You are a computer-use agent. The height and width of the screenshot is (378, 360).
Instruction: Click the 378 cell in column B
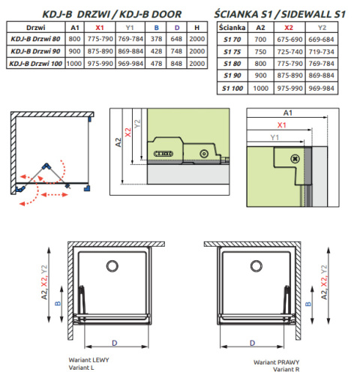pyautogui.click(x=156, y=39)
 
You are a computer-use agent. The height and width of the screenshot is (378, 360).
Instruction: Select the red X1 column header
pyautogui.click(x=100, y=28)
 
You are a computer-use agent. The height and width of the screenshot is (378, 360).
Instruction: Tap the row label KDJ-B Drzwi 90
pyautogui.click(x=35, y=51)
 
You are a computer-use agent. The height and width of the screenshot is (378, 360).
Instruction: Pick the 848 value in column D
pyautogui.click(x=176, y=64)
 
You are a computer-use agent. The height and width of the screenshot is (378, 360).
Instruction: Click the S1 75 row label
pyautogui.click(x=232, y=52)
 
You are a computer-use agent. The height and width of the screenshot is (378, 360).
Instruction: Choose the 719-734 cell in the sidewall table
pyautogui.click(x=321, y=52)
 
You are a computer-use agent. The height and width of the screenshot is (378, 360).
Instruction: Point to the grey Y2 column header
pyautogui.click(x=322, y=28)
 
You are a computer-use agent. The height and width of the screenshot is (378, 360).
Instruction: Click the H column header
pyautogui.click(x=197, y=28)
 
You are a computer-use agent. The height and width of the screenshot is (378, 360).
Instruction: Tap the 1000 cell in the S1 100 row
pyautogui.click(x=260, y=88)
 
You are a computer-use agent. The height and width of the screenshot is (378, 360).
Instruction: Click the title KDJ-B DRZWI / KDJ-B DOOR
pyautogui.click(x=112, y=14)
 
